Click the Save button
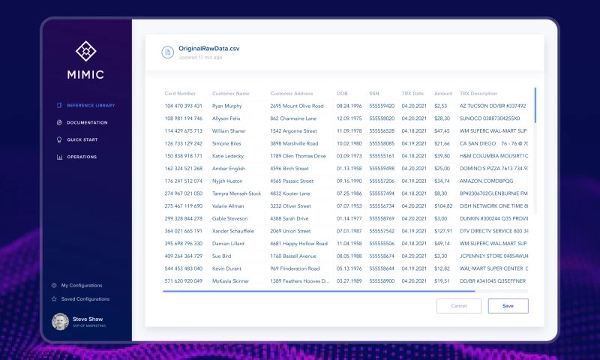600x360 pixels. (508, 306)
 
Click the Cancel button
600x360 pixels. (458, 306)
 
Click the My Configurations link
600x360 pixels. (81, 285)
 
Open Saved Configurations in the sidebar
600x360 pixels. (85, 298)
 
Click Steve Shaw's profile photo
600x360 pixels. (60, 322)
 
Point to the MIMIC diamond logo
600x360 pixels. (87, 51)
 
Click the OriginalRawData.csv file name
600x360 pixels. (208, 49)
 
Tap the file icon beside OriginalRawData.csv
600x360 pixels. (167, 52)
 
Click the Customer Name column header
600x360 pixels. (231, 94)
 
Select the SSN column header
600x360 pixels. (374, 94)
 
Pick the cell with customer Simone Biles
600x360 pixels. (226, 143)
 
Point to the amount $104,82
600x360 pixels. (443, 205)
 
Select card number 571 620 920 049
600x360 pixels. (184, 280)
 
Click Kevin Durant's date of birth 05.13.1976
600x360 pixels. (349, 268)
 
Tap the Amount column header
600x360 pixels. (443, 94)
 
